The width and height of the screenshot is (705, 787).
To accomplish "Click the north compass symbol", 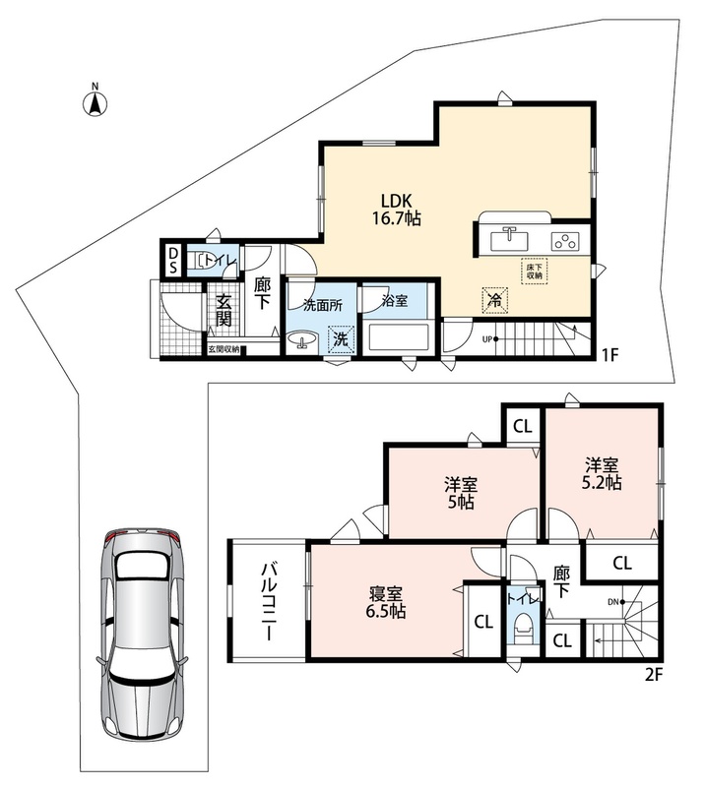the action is pos(95,100).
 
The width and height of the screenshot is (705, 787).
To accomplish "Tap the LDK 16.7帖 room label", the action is pos(397,210).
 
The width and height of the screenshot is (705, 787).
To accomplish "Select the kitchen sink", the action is pos(509,238).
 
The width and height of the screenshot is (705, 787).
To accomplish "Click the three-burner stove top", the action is pos(565,242).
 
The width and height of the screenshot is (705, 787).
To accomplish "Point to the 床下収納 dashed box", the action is pos(534,272).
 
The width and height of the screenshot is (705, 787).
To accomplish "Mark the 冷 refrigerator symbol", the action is pos(495,300).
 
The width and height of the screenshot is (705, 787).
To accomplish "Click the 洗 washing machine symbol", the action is pos(341,338).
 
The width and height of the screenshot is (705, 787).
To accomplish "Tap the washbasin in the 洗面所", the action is pos(301,340).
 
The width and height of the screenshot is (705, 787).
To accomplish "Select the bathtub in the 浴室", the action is pos(398,337).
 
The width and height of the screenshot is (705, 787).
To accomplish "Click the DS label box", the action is pos(173,260).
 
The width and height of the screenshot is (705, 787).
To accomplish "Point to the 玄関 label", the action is pos(224,310).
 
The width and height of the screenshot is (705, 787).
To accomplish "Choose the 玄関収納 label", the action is pos(224,349).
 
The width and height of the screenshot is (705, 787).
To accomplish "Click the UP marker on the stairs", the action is pos(489,339).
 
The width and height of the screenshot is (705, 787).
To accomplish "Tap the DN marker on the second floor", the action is pos(615,601).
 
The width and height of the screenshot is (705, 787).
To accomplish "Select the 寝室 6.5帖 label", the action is pos(387,602).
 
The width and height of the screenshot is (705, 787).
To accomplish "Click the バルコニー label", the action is pos(268,601).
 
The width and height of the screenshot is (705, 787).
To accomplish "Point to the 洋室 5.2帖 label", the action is pos(601,474).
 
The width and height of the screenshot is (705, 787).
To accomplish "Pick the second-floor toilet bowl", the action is pos(525,624).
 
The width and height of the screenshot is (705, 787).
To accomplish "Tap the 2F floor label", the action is pos(654,675).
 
